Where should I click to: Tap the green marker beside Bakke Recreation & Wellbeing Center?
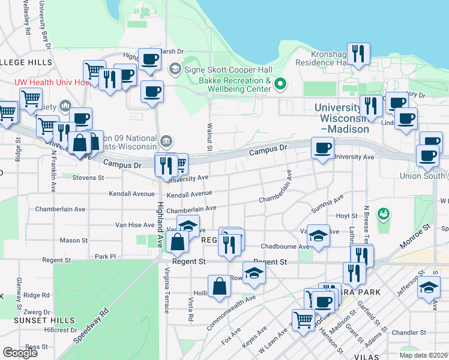(279, 84)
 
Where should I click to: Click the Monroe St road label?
(418, 234)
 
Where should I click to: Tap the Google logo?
(20, 352)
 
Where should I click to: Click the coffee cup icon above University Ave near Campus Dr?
(322, 148)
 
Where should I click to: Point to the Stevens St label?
(88, 178)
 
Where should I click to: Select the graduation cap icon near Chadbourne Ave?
(319, 236)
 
